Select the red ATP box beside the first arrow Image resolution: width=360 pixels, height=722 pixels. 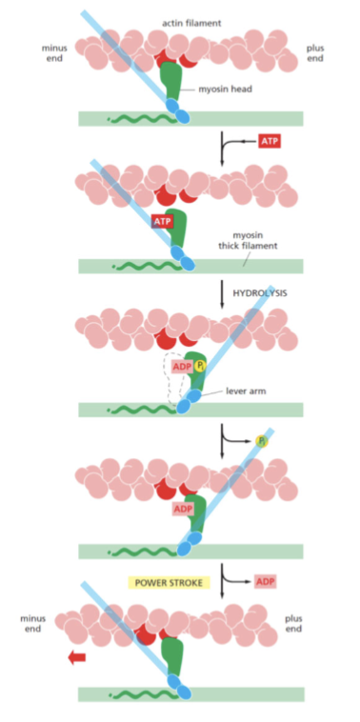click(270, 141)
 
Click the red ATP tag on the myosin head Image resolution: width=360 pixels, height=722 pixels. click(162, 222)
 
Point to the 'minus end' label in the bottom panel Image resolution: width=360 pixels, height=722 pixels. click(33, 624)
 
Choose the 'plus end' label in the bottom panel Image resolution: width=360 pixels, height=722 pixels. click(294, 624)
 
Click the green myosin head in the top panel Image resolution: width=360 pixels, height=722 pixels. click(170, 82)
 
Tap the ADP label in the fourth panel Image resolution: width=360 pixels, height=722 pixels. click(183, 509)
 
